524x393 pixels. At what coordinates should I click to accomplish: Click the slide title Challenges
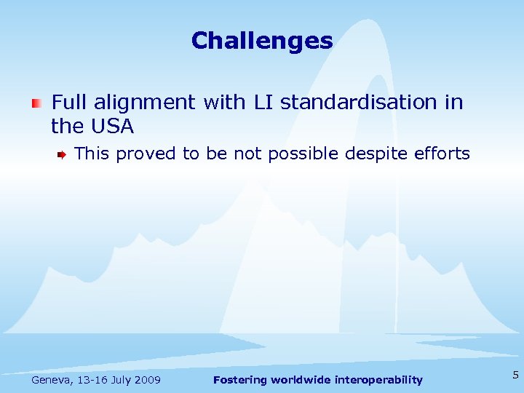click(262, 40)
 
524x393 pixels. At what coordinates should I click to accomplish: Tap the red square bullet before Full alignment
click(36, 103)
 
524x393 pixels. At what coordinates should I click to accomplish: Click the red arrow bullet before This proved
click(63, 154)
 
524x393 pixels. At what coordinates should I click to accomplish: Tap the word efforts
click(442, 154)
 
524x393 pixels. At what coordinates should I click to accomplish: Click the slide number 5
click(515, 376)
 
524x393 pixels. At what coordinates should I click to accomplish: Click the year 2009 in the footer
click(148, 380)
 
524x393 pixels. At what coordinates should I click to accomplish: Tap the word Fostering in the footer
click(239, 380)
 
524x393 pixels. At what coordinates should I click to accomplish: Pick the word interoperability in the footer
click(380, 380)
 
